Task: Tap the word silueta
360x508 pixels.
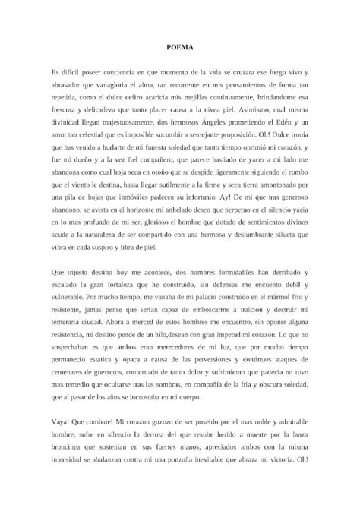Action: pyautogui.click(x=275, y=247)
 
